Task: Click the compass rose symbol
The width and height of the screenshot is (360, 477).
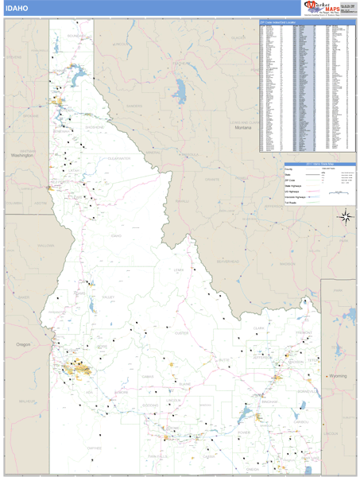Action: (x=346, y=215)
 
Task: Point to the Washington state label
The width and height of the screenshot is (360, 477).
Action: (x=21, y=156)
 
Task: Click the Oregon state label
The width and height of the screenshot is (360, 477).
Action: (x=22, y=344)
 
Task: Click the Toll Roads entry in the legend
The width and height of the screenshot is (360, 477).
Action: (x=292, y=204)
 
